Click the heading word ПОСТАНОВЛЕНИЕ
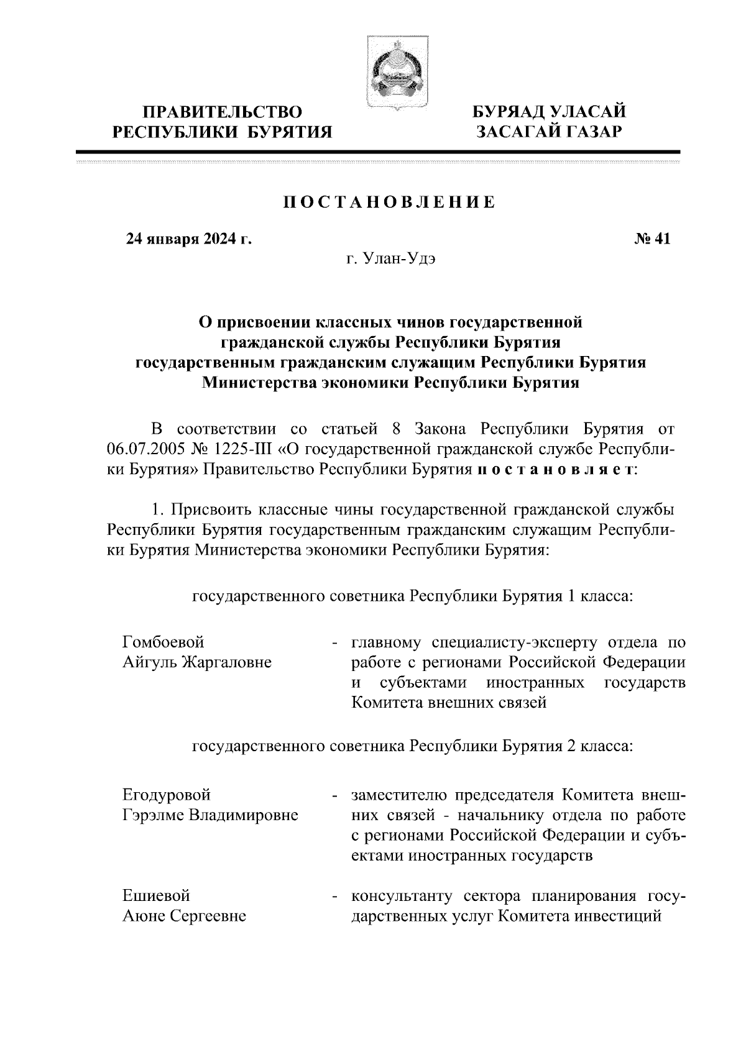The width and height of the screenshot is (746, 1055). (x=389, y=203)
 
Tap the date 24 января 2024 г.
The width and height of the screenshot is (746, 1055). (x=189, y=239)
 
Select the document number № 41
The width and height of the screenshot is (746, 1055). (x=652, y=239)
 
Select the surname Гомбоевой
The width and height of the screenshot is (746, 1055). (x=163, y=642)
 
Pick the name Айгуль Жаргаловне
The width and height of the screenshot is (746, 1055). (x=197, y=662)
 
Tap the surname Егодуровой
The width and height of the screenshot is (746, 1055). (x=167, y=795)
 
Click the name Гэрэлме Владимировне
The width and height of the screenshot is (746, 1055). (x=210, y=815)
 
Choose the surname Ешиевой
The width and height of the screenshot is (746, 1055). (x=156, y=896)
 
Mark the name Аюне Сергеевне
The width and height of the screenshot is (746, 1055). (x=184, y=916)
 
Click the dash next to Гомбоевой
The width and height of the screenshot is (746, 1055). (x=335, y=642)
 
